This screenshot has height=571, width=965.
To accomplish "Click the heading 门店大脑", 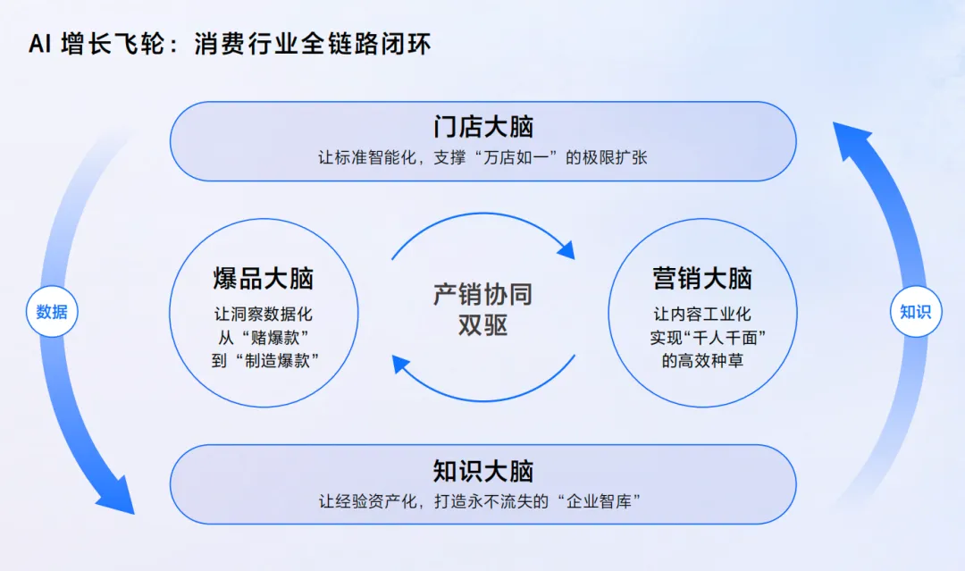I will pyautogui.click(x=482, y=127).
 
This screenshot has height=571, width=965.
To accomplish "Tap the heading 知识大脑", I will pyautogui.click(x=482, y=471).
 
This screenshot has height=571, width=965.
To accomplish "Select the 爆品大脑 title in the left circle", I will pyautogui.click(x=264, y=278).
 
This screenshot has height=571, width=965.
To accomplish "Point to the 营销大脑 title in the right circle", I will pyautogui.click(x=702, y=278).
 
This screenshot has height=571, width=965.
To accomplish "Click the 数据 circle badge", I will pyautogui.click(x=52, y=312).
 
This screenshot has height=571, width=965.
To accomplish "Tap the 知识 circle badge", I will pyautogui.click(x=915, y=312).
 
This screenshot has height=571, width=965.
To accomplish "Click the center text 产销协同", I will pyautogui.click(x=482, y=295).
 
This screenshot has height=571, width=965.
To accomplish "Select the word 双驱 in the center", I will pyautogui.click(x=482, y=325).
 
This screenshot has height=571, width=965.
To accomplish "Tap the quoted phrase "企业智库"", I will pyautogui.click(x=600, y=501).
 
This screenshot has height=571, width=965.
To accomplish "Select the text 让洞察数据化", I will pyautogui.click(x=264, y=315).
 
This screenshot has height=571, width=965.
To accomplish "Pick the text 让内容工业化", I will pyautogui.click(x=702, y=315).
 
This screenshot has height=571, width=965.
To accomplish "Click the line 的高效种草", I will pyautogui.click(x=702, y=361).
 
